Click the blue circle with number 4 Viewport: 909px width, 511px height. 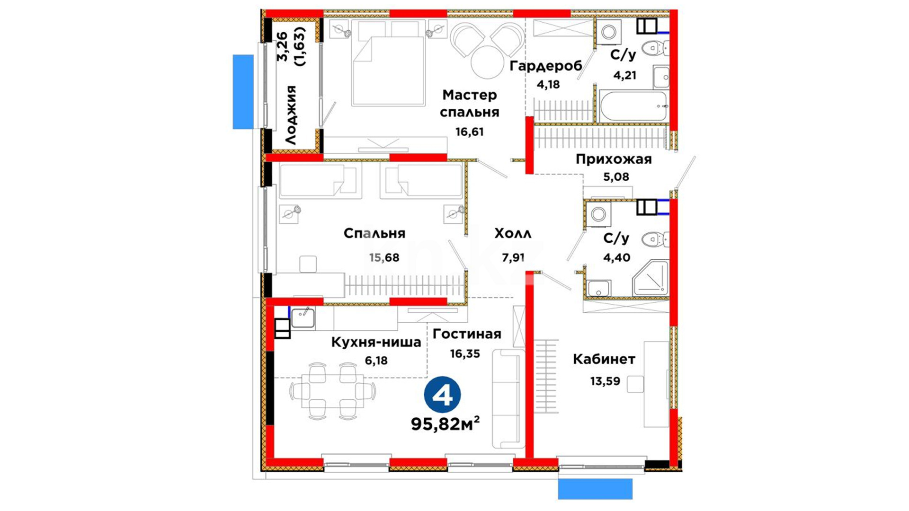click(x=443, y=395)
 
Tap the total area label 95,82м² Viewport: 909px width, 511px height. click(x=445, y=424)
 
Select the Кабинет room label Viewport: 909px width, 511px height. click(x=604, y=360)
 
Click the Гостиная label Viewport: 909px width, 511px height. click(x=467, y=334)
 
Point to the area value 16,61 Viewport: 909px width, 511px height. click(x=470, y=132)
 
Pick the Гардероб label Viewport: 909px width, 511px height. click(x=546, y=66)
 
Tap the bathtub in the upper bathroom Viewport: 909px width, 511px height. click(x=633, y=106)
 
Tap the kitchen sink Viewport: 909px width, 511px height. click(x=303, y=318)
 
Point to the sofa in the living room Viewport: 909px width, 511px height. click(x=508, y=398)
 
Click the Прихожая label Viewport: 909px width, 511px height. click(x=614, y=159)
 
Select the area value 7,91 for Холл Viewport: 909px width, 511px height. click(x=513, y=258)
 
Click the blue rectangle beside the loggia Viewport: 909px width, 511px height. click(x=243, y=92)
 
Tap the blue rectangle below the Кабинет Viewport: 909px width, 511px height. click(x=595, y=489)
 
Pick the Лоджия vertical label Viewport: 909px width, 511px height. click(x=291, y=115)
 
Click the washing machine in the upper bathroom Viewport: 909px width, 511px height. click(x=609, y=32)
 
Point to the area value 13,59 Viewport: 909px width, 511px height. click(x=605, y=381)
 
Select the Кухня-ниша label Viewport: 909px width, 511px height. click(x=376, y=342)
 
